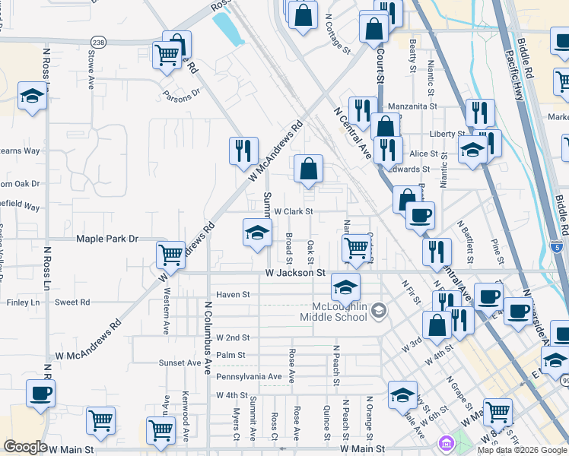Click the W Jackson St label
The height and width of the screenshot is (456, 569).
(295, 273)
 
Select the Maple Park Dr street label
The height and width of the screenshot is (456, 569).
(107, 239)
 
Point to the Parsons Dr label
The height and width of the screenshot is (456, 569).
(180, 94)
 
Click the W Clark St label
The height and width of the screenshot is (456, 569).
(294, 212)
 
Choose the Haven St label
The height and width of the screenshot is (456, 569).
(233, 295)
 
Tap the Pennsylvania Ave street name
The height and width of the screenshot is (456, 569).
(249, 377)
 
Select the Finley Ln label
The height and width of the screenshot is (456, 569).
(23, 302)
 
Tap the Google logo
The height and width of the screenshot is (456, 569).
(25, 447)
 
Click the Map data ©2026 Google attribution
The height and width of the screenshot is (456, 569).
(523, 450)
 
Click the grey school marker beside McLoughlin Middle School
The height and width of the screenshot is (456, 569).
(380, 311)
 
